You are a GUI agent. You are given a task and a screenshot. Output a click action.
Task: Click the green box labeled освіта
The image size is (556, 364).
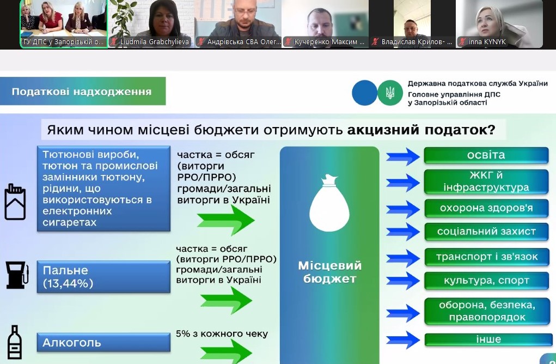pyautogui.click(x=486, y=155)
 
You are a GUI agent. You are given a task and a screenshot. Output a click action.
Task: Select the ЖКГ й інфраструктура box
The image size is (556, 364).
pyautogui.click(x=486, y=181)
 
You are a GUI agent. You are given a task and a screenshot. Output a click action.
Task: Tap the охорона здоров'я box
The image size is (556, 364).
pyautogui.click(x=486, y=208)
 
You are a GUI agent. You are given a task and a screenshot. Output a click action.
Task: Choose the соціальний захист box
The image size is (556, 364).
pyautogui.click(x=486, y=232)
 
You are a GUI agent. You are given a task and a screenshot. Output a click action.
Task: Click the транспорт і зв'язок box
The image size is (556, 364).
pyautogui.click(x=486, y=257)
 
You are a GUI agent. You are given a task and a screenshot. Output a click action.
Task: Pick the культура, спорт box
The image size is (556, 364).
pyautogui.click(x=486, y=281)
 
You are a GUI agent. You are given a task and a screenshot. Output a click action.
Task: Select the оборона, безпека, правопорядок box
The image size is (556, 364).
pyautogui.click(x=486, y=311)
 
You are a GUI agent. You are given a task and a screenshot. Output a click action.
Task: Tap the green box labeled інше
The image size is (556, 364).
pyautogui.click(x=488, y=339)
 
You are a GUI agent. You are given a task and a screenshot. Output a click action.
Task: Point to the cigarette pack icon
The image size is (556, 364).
pyautogui.click(x=15, y=202)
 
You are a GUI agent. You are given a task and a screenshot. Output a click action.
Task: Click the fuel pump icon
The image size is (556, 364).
pyautogui.click(x=17, y=275)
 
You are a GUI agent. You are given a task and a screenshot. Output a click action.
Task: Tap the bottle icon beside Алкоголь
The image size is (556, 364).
pyautogui.click(x=15, y=342)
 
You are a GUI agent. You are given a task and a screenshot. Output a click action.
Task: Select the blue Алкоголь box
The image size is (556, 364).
pyautogui.click(x=103, y=342)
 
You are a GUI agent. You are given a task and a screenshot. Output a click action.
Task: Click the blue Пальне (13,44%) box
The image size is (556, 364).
pyautogui.click(x=103, y=277)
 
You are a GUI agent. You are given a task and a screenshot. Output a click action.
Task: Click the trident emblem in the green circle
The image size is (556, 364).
pyautogui.click(x=390, y=93)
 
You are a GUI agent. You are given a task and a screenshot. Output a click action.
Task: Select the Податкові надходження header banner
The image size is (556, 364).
pyautogui.click(x=83, y=92)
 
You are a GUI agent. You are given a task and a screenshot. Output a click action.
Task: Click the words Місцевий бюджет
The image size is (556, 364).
pyautogui.click(x=330, y=272)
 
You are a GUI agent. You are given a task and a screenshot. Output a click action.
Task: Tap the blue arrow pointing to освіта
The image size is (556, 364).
pyautogui.click(x=403, y=156)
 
